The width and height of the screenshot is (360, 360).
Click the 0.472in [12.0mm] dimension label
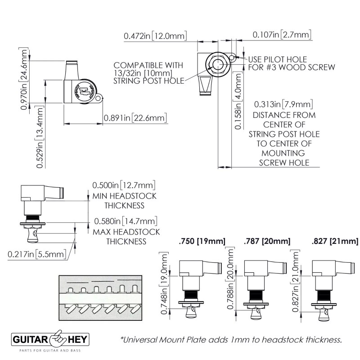[x=155, y=35]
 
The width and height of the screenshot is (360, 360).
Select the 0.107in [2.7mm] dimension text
[x=282, y=35]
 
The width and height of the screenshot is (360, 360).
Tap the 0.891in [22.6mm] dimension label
[x=135, y=118]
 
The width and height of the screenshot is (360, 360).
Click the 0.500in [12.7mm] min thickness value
[x=124, y=185]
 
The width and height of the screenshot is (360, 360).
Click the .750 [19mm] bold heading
[x=202, y=242]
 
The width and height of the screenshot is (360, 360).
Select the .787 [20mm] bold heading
[x=267, y=242]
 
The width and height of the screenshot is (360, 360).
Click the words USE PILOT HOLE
[x=278, y=59]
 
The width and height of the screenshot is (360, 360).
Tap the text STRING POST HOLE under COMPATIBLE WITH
[x=149, y=81]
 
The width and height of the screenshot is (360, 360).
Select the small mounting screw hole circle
[x=232, y=58]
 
